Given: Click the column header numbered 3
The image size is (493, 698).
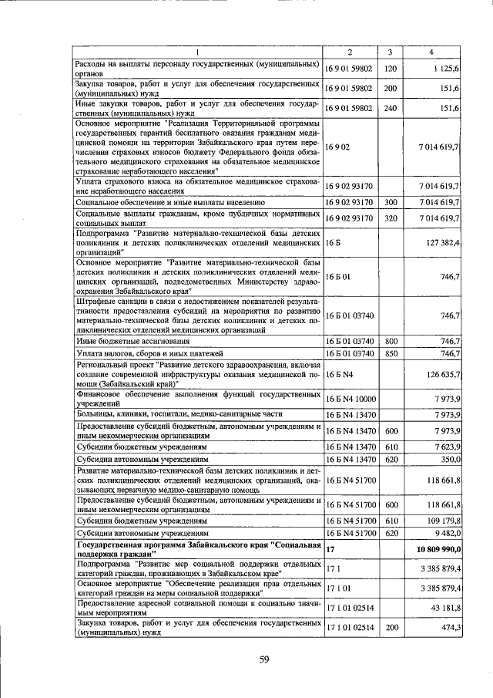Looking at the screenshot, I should [390, 52].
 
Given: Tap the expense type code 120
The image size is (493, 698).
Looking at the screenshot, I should [390, 69].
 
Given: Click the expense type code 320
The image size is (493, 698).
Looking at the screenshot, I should [390, 218].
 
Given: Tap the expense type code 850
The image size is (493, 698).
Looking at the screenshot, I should [390, 353].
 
